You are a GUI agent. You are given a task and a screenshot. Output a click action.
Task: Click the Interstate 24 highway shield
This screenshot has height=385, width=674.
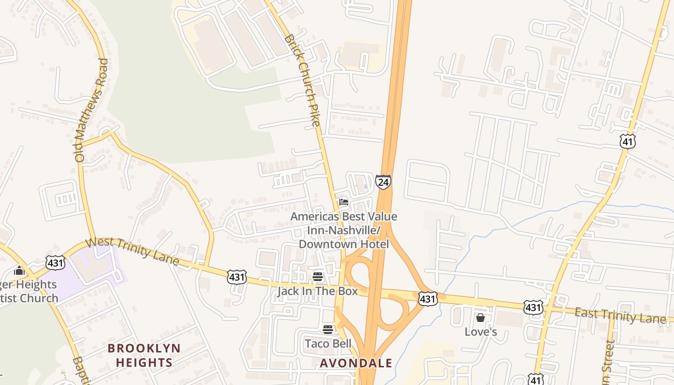(x=383, y=182)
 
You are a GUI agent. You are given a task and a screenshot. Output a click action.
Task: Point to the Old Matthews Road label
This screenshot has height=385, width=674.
(x=91, y=110)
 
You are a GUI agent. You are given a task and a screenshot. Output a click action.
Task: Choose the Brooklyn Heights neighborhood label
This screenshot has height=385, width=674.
(x=144, y=355)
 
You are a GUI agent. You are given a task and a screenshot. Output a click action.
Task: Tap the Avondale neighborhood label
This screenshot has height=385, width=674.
(x=356, y=363)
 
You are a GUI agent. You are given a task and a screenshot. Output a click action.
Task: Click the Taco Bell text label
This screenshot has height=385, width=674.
(x=328, y=344)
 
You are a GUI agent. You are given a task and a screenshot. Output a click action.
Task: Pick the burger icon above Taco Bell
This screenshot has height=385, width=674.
(x=328, y=330)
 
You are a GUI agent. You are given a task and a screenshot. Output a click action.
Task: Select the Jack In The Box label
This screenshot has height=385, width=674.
(x=317, y=291)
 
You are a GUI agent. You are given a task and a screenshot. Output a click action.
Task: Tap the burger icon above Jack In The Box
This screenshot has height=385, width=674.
(x=317, y=277)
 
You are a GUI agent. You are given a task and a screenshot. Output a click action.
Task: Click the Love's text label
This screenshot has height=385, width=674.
(x=480, y=332)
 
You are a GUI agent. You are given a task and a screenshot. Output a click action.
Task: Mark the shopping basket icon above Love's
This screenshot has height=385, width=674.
(x=480, y=318)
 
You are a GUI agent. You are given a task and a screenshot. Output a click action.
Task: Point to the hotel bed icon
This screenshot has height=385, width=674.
(x=343, y=202)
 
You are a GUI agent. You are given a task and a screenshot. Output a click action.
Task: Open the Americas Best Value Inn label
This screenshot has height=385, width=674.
(x=344, y=230)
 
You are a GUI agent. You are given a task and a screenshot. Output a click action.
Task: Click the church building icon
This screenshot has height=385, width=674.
(x=19, y=270)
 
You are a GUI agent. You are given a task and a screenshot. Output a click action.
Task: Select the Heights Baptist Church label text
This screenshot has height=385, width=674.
(x=29, y=291)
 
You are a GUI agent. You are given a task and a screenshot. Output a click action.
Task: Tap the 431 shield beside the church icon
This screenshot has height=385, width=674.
(x=55, y=262)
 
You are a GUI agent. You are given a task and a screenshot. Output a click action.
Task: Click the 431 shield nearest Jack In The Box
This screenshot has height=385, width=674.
(x=237, y=277)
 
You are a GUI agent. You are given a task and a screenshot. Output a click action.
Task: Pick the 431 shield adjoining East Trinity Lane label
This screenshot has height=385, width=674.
(x=534, y=307)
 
